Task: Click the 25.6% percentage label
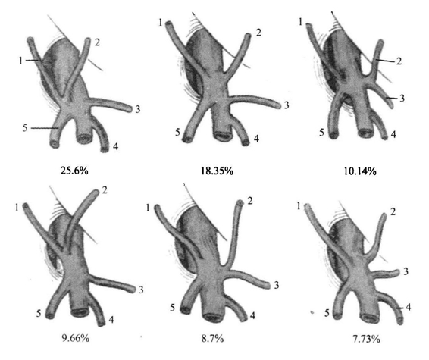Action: (74, 171)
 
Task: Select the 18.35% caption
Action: (217, 171)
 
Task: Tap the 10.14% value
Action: (360, 171)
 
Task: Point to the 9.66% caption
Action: (76, 338)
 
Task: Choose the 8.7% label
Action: (212, 339)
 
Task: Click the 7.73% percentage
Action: (366, 340)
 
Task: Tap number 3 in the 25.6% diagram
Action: (138, 109)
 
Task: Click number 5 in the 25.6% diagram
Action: (25, 128)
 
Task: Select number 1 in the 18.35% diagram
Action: (161, 23)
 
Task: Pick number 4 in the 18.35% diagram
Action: (256, 139)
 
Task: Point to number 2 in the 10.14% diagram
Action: (399, 61)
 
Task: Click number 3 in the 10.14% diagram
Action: (402, 99)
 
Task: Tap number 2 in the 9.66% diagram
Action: (105, 189)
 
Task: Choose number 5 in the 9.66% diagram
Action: (39, 313)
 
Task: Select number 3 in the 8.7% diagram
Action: (277, 285)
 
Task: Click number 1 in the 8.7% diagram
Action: (148, 208)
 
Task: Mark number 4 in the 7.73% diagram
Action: (409, 308)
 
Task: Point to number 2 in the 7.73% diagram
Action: (393, 211)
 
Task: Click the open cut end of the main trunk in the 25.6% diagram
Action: (85, 139)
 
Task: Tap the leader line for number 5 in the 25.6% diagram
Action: (44, 128)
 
